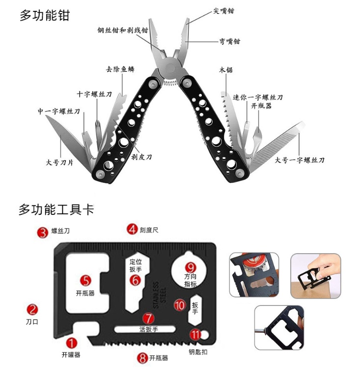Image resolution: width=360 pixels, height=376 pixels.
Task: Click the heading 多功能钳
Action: (x=45, y=15)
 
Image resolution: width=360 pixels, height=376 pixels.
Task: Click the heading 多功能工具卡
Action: (x=56, y=209)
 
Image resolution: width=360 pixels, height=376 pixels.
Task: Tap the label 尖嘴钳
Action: (x=223, y=11)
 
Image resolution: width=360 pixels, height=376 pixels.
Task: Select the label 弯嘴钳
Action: (x=229, y=42)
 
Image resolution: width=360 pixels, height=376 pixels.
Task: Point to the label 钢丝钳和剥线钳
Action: (x=122, y=29)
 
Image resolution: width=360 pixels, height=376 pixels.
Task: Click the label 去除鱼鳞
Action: (x=120, y=69)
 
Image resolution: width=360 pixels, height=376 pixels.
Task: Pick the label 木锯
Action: (x=226, y=70)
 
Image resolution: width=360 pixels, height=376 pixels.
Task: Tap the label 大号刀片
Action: (x=59, y=162)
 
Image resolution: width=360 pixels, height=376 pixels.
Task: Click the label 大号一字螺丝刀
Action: (x=300, y=160)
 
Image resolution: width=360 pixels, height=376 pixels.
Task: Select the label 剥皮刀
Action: (x=141, y=157)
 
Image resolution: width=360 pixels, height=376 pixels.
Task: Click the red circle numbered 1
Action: (x=72, y=342)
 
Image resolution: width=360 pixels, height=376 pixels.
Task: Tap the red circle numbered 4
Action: (x=132, y=229)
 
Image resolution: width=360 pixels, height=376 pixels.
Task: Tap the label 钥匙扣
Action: (x=198, y=352)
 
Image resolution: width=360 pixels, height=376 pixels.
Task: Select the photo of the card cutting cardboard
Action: (x=315, y=276)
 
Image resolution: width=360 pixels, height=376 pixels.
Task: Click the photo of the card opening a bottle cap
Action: (x=254, y=275)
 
